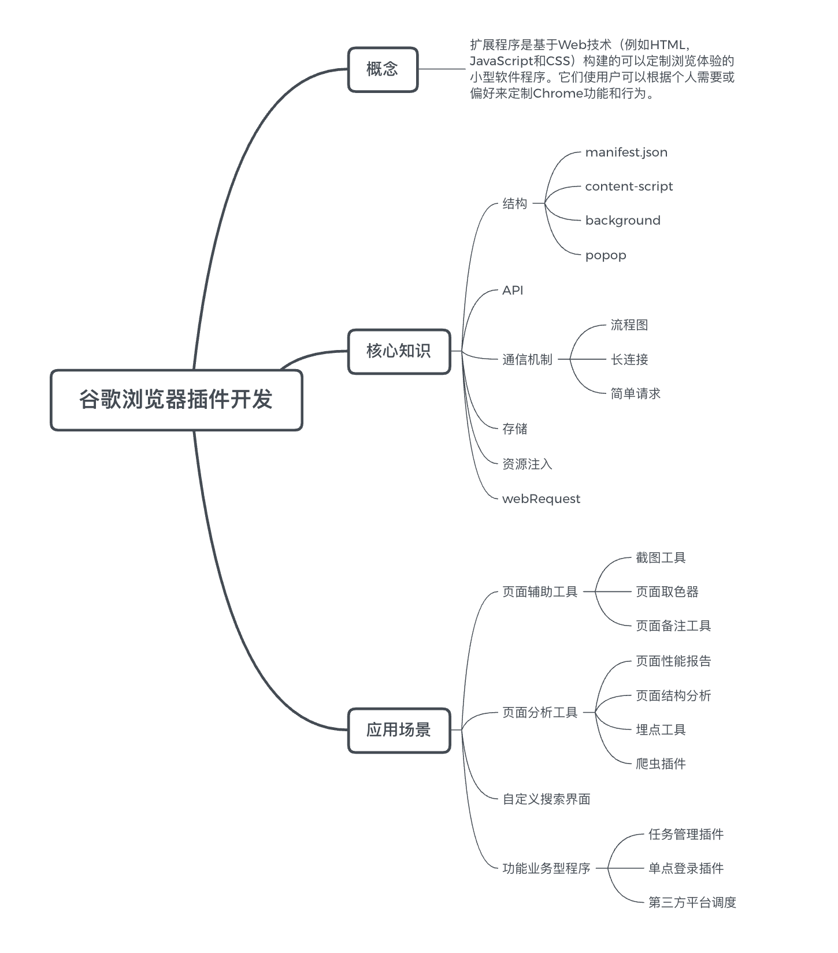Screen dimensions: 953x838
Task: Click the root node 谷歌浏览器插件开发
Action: click(176, 400)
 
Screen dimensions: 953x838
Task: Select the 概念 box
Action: click(383, 69)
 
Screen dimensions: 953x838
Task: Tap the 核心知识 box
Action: click(399, 351)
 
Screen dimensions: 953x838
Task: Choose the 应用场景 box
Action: click(399, 730)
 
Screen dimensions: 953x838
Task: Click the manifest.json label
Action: click(626, 152)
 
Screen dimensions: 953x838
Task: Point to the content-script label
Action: click(629, 187)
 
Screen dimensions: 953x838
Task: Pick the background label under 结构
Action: click(622, 221)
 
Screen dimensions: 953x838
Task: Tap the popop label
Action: click(605, 255)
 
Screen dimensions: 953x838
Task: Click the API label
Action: click(513, 291)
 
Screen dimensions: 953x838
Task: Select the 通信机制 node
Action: click(527, 360)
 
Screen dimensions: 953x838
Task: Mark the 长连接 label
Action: click(629, 360)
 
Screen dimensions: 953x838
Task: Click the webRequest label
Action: click(541, 499)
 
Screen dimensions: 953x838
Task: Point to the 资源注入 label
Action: click(527, 464)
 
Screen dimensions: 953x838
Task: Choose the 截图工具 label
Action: click(661, 558)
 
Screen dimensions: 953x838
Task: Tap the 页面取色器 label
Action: click(667, 592)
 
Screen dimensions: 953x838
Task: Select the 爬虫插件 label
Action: click(661, 764)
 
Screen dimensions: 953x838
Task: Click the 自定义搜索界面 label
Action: click(546, 799)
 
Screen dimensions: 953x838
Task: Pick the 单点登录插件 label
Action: click(686, 869)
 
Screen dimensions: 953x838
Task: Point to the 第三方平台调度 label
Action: click(692, 903)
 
